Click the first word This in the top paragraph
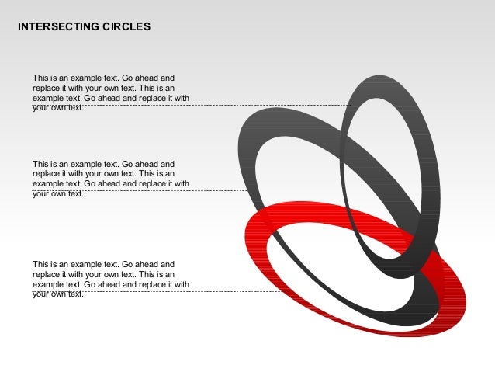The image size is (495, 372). click(40, 78)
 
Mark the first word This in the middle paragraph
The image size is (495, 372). click(40, 164)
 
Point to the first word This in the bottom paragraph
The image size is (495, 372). click(40, 264)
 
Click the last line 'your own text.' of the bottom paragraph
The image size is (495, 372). click(58, 294)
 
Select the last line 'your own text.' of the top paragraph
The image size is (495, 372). click(58, 108)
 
